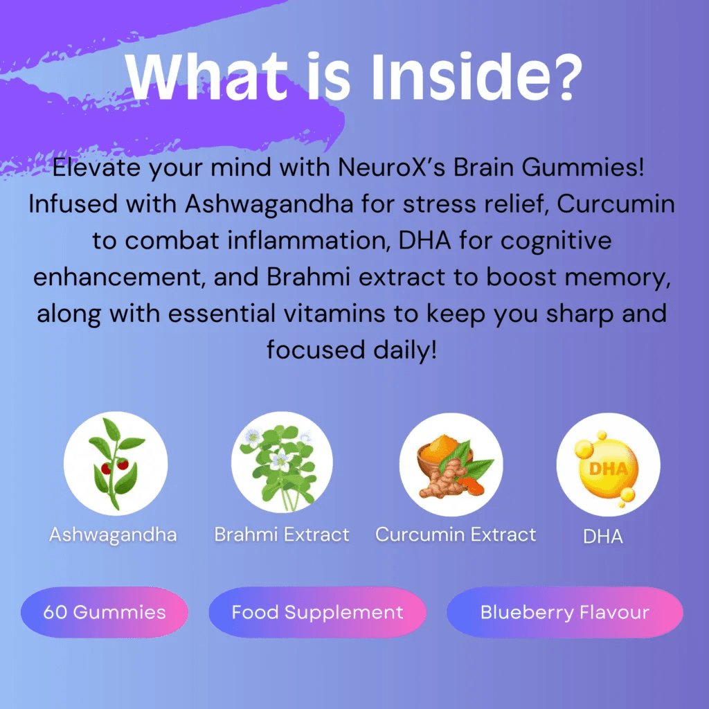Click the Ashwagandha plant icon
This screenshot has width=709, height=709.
pyautogui.click(x=116, y=463)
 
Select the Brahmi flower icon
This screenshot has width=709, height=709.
pyautogui.click(x=282, y=463)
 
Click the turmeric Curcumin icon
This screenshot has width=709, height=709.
pyautogui.click(x=451, y=463)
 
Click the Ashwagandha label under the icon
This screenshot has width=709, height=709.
pyautogui.click(x=113, y=535)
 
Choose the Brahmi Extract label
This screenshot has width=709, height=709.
pyautogui.click(x=282, y=535)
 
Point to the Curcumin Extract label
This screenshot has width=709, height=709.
pyautogui.click(x=456, y=535)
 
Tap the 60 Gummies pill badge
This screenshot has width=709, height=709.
pyautogui.click(x=105, y=613)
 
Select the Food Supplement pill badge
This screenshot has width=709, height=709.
pyautogui.click(x=317, y=613)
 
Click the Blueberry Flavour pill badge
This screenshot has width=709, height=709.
pyautogui.click(x=565, y=613)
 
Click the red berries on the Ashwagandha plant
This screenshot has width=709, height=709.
pyautogui.click(x=114, y=466)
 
